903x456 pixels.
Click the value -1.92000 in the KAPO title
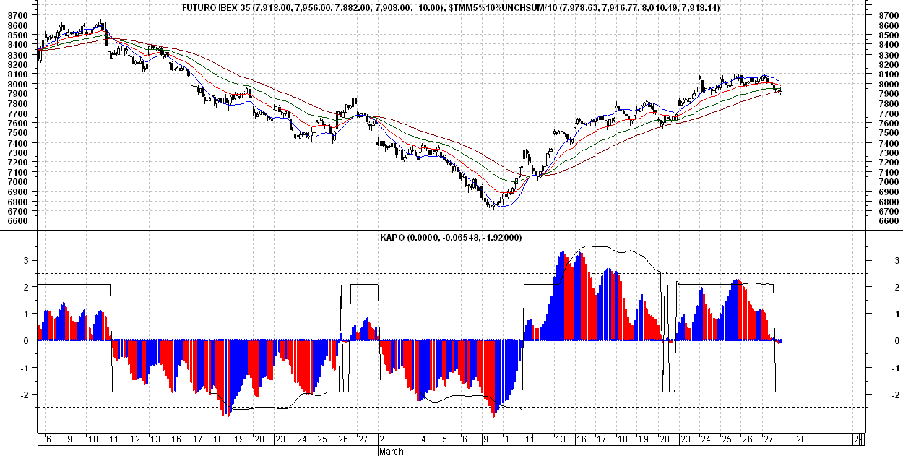point(501,238)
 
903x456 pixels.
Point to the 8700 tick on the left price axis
point(17,15)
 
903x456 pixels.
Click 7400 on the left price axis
point(17,143)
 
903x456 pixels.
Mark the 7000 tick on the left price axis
point(17,182)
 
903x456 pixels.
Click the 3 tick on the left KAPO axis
point(27,259)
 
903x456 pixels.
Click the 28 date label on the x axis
point(800,439)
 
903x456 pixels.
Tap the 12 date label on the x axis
point(134,439)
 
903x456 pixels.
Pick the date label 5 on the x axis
point(444,439)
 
